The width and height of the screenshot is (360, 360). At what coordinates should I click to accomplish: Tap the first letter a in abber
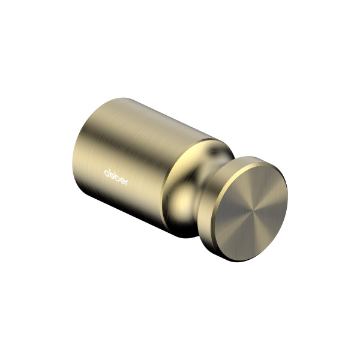coord(107,173)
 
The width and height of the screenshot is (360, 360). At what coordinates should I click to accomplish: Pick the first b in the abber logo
coord(112,175)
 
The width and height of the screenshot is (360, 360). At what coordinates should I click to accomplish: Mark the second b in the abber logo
coord(116,177)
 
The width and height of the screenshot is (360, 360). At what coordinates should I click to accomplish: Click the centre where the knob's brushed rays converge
coord(251,211)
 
